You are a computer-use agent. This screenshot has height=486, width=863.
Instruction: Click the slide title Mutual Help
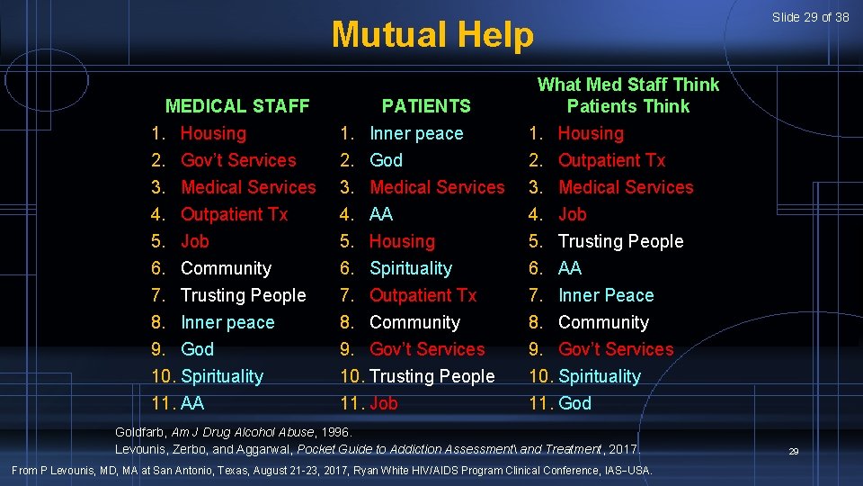(x=431, y=35)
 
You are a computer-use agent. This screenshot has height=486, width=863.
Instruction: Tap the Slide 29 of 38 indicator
(x=809, y=17)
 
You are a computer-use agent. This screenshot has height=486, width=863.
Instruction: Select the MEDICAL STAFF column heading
(x=237, y=106)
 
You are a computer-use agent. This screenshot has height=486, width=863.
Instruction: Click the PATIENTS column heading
(x=426, y=106)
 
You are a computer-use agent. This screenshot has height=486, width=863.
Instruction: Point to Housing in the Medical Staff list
(x=213, y=133)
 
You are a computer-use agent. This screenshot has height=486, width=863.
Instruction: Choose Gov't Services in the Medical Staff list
(x=238, y=160)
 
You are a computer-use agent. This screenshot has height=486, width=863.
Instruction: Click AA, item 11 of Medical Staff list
(x=193, y=403)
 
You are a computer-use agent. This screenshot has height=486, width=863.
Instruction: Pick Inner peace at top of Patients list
(x=416, y=133)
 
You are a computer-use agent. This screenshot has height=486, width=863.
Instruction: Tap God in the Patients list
(x=386, y=160)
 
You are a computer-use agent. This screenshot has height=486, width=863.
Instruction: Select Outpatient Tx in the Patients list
(x=423, y=295)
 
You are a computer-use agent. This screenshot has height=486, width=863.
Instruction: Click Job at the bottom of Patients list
(x=383, y=403)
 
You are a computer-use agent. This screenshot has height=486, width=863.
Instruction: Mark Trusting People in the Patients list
(x=431, y=376)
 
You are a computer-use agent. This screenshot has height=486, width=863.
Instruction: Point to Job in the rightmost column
(x=572, y=214)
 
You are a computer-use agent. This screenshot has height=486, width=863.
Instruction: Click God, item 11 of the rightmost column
(x=574, y=403)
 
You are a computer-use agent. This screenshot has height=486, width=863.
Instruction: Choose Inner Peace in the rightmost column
(x=606, y=295)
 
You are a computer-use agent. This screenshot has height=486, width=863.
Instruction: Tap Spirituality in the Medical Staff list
(x=222, y=376)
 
